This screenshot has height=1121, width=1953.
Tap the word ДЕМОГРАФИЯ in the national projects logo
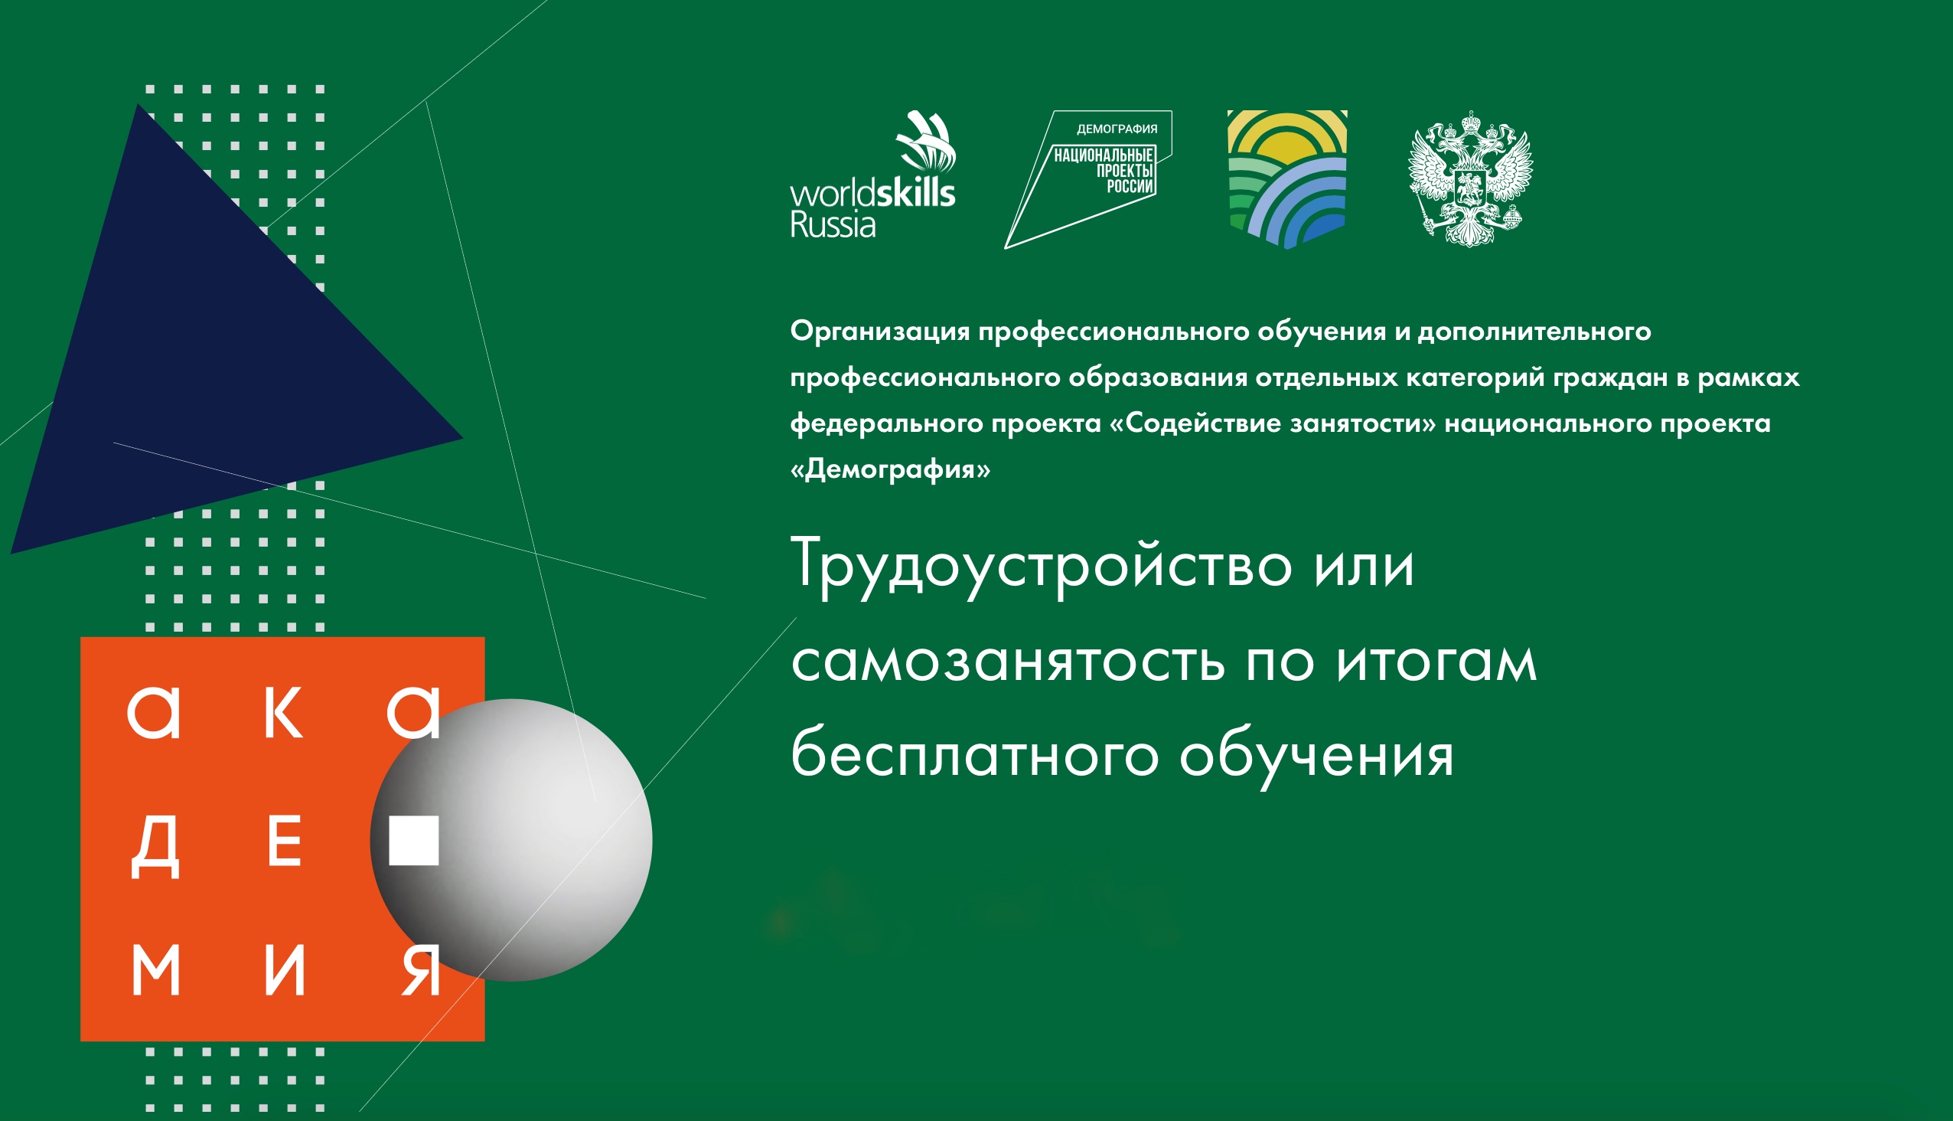pyautogui.click(x=1117, y=129)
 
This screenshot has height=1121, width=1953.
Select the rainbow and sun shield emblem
pyautogui.click(x=1286, y=178)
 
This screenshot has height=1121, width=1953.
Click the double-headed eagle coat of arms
pyautogui.click(x=1470, y=178)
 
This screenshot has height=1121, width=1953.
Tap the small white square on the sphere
pyautogui.click(x=414, y=841)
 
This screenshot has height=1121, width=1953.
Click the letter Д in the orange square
pyautogui.click(x=155, y=847)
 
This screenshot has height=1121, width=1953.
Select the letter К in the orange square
pyautogui.click(x=283, y=714)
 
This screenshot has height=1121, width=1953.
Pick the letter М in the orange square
pyautogui.click(x=155, y=970)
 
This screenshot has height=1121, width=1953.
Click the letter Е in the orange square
pyautogui.click(x=284, y=842)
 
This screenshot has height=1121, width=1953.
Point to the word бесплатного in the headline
pyautogui.click(x=974, y=756)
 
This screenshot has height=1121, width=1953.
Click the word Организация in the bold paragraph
pyautogui.click(x=879, y=332)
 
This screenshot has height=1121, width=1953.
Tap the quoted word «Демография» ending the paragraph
pyautogui.click(x=890, y=469)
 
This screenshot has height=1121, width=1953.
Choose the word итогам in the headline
pyautogui.click(x=1436, y=663)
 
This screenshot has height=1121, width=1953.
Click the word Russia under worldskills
pyautogui.click(x=833, y=226)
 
